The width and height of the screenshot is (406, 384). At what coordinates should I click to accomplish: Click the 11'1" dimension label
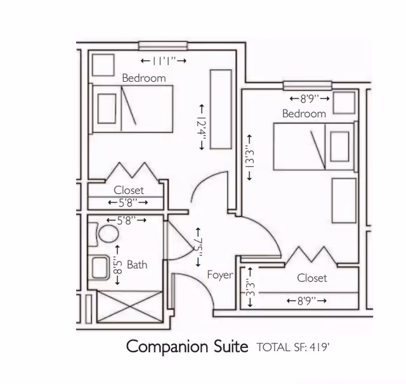click(x=164, y=61)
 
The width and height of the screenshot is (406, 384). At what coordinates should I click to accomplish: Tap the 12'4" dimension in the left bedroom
click(x=202, y=127)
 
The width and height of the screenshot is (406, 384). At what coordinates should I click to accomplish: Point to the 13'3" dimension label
click(x=249, y=157)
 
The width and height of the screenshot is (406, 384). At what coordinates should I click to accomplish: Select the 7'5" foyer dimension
click(x=199, y=247)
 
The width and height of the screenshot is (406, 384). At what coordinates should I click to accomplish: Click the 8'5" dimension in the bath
click(x=117, y=265)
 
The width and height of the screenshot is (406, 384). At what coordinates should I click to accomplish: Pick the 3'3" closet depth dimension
click(x=250, y=287)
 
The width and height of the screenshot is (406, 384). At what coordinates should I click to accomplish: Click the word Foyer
click(x=220, y=275)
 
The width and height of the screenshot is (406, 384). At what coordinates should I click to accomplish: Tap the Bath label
click(x=137, y=264)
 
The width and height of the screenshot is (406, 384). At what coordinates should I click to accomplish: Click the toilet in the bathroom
click(x=103, y=234)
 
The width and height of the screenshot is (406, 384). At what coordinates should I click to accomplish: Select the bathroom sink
click(x=100, y=267)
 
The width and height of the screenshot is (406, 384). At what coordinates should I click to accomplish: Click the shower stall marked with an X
click(x=129, y=307)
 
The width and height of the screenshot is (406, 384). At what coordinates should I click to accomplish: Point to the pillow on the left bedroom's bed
click(x=107, y=108)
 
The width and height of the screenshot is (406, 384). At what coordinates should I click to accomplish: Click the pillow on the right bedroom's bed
click(x=340, y=146)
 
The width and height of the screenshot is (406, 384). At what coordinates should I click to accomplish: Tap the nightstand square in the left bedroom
click(x=103, y=65)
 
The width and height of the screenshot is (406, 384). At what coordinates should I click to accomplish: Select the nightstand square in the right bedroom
click(x=344, y=103)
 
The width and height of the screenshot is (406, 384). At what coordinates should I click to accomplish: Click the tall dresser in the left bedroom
click(x=221, y=109)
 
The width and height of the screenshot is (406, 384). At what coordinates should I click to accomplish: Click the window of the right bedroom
click(x=307, y=86)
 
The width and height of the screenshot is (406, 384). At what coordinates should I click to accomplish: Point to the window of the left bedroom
click(x=163, y=46)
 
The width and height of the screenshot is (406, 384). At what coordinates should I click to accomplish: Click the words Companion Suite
click(x=187, y=347)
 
